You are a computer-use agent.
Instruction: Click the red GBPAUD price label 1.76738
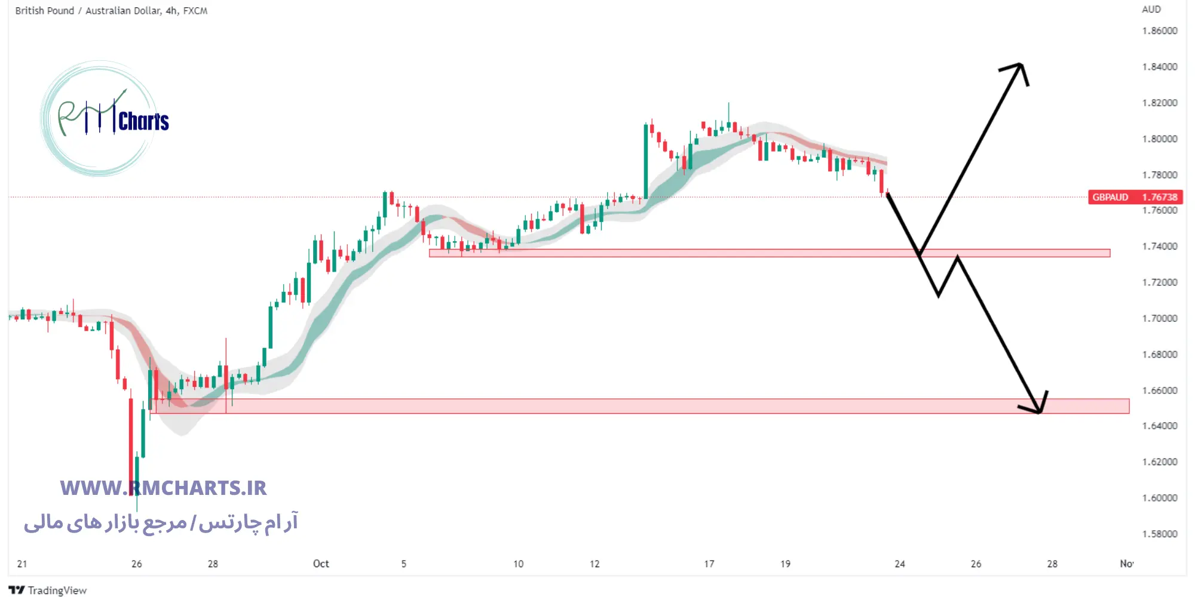(x=1135, y=197)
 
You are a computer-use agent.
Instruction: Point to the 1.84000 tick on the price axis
(x=1159, y=67)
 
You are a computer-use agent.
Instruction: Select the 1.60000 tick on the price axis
(x=1159, y=498)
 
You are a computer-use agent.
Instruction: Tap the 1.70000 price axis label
(x=1159, y=318)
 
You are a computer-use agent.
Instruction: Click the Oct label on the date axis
(x=321, y=564)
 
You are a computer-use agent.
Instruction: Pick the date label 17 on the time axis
(x=709, y=564)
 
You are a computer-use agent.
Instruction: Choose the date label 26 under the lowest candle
(x=137, y=564)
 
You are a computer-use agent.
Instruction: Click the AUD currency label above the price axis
(x=1151, y=10)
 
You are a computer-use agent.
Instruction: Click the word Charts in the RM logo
(x=143, y=121)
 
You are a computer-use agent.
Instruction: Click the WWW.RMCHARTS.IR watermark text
(x=163, y=488)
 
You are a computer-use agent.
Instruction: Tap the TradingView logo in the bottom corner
(x=48, y=590)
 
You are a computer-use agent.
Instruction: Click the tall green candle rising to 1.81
(x=646, y=161)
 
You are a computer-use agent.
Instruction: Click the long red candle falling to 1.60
(x=131, y=445)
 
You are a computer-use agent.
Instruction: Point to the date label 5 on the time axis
(x=404, y=564)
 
